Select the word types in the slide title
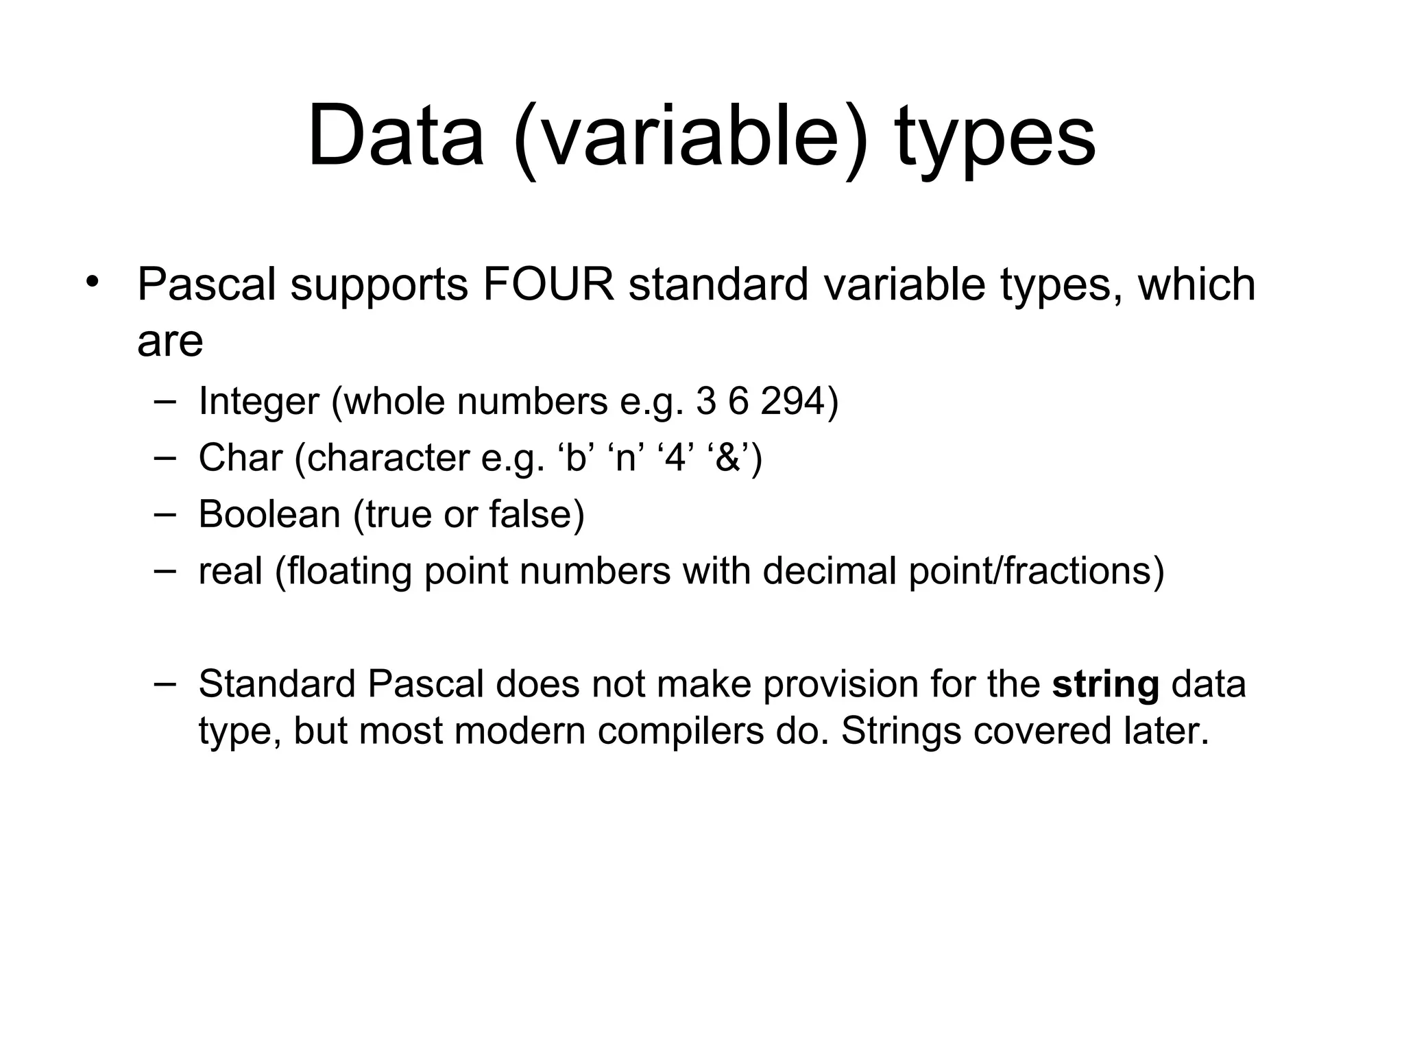click(995, 141)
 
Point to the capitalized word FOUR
click(548, 285)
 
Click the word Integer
click(258, 402)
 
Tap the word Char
click(240, 457)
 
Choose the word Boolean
click(269, 514)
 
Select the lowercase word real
click(230, 571)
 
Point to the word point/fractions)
click(1036, 571)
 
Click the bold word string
click(1105, 684)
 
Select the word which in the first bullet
click(1196, 285)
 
